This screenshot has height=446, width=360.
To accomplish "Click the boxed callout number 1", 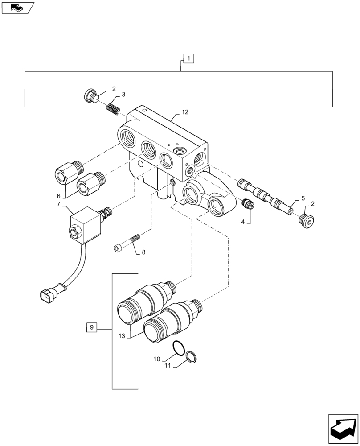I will coord(188,58).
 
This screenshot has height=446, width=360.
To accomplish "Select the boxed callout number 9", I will coord(91,328).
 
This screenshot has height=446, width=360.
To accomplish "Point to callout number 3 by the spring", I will coord(123,95).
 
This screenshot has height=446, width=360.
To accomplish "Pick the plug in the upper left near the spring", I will coord(90,95).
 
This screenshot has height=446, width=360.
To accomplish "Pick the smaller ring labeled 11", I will coord(192,356).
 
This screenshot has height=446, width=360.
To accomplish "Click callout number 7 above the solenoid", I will coord(58,204).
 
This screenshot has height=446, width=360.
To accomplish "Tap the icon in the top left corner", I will coord(17,7).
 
